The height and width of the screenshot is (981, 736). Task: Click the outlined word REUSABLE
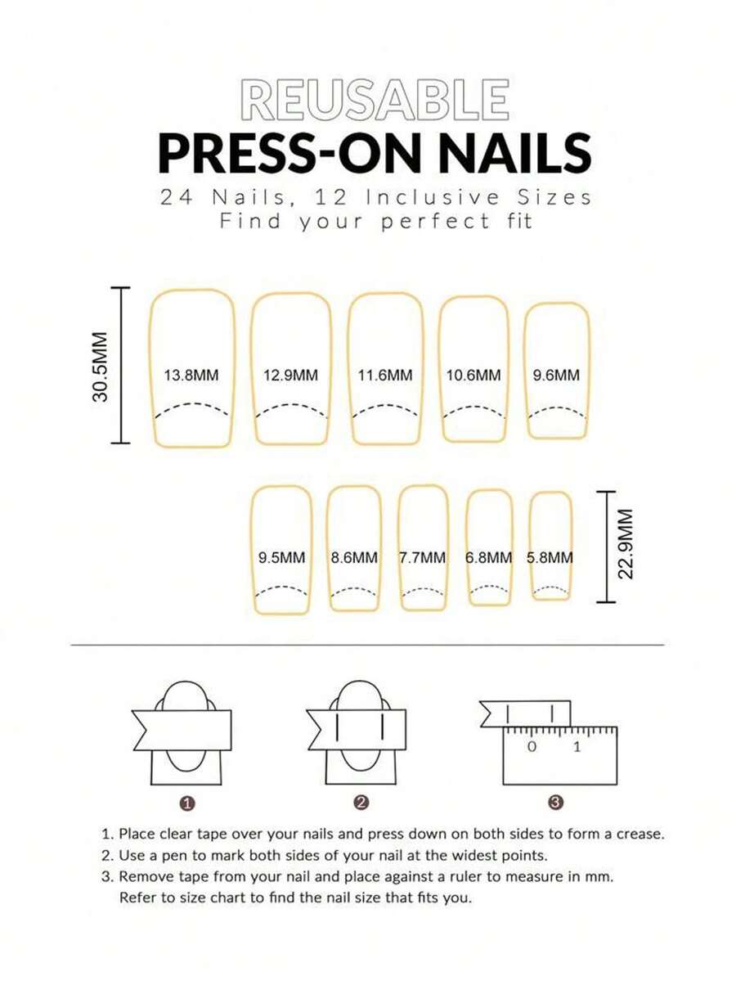(x=375, y=100)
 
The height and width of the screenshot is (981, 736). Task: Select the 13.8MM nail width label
(x=191, y=376)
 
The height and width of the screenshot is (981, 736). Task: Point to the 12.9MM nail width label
(x=290, y=376)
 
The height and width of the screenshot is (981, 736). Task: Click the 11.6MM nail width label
(x=385, y=376)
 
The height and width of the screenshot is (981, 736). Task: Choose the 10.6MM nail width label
(x=473, y=376)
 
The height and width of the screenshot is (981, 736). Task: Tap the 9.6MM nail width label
(x=557, y=376)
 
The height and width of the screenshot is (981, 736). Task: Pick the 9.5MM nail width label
(x=282, y=557)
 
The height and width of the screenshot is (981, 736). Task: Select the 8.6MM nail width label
(x=355, y=557)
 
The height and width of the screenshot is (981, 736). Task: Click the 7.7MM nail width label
(x=423, y=557)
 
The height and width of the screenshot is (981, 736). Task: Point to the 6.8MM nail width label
(x=488, y=557)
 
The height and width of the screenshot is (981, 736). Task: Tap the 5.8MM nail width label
(x=550, y=557)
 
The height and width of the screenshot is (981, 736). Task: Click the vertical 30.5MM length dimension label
(x=101, y=366)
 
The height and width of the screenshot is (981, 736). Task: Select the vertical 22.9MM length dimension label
(x=626, y=543)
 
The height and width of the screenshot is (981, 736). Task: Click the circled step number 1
(x=186, y=803)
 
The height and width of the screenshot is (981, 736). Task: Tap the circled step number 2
(x=360, y=803)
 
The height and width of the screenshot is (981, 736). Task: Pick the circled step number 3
(x=556, y=803)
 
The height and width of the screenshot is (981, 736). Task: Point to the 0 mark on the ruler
(x=532, y=746)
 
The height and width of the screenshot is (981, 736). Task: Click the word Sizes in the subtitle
(x=554, y=198)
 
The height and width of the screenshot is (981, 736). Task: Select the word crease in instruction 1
(x=640, y=834)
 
